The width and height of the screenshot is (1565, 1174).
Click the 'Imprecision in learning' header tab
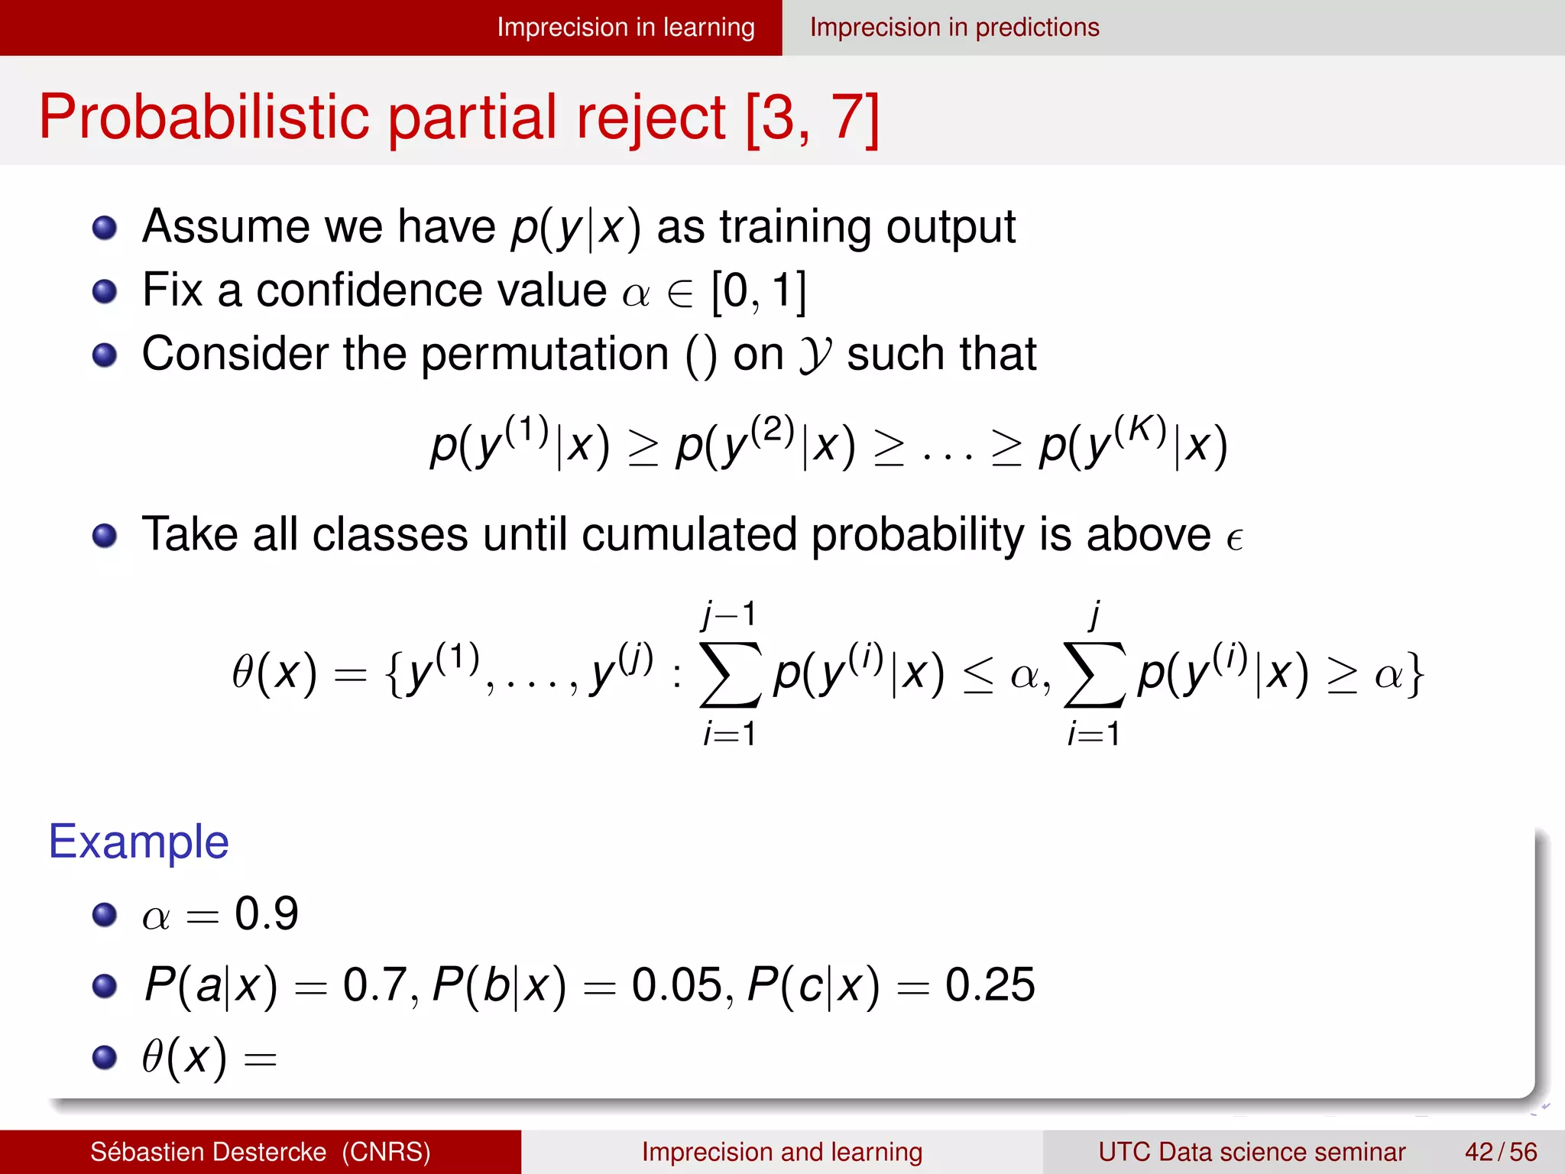tap(625, 28)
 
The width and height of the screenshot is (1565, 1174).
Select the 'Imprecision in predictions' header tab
tap(954, 28)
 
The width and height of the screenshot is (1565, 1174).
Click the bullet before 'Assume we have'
tap(105, 228)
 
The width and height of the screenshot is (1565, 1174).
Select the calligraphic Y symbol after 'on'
tap(815, 355)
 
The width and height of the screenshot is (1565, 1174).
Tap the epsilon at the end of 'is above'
tap(1234, 539)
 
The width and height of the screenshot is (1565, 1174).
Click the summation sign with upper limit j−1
tap(730, 674)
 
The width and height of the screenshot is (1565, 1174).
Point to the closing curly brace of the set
tap(1415, 674)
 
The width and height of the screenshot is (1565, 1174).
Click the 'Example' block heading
tap(138, 842)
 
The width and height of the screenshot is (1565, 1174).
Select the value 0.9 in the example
tap(266, 913)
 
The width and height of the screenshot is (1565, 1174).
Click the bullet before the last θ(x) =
tap(105, 1057)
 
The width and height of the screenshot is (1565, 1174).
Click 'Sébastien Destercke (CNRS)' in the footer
tap(260, 1152)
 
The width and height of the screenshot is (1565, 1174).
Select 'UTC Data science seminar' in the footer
tap(1252, 1152)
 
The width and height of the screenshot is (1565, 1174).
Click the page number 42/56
tap(1501, 1152)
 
